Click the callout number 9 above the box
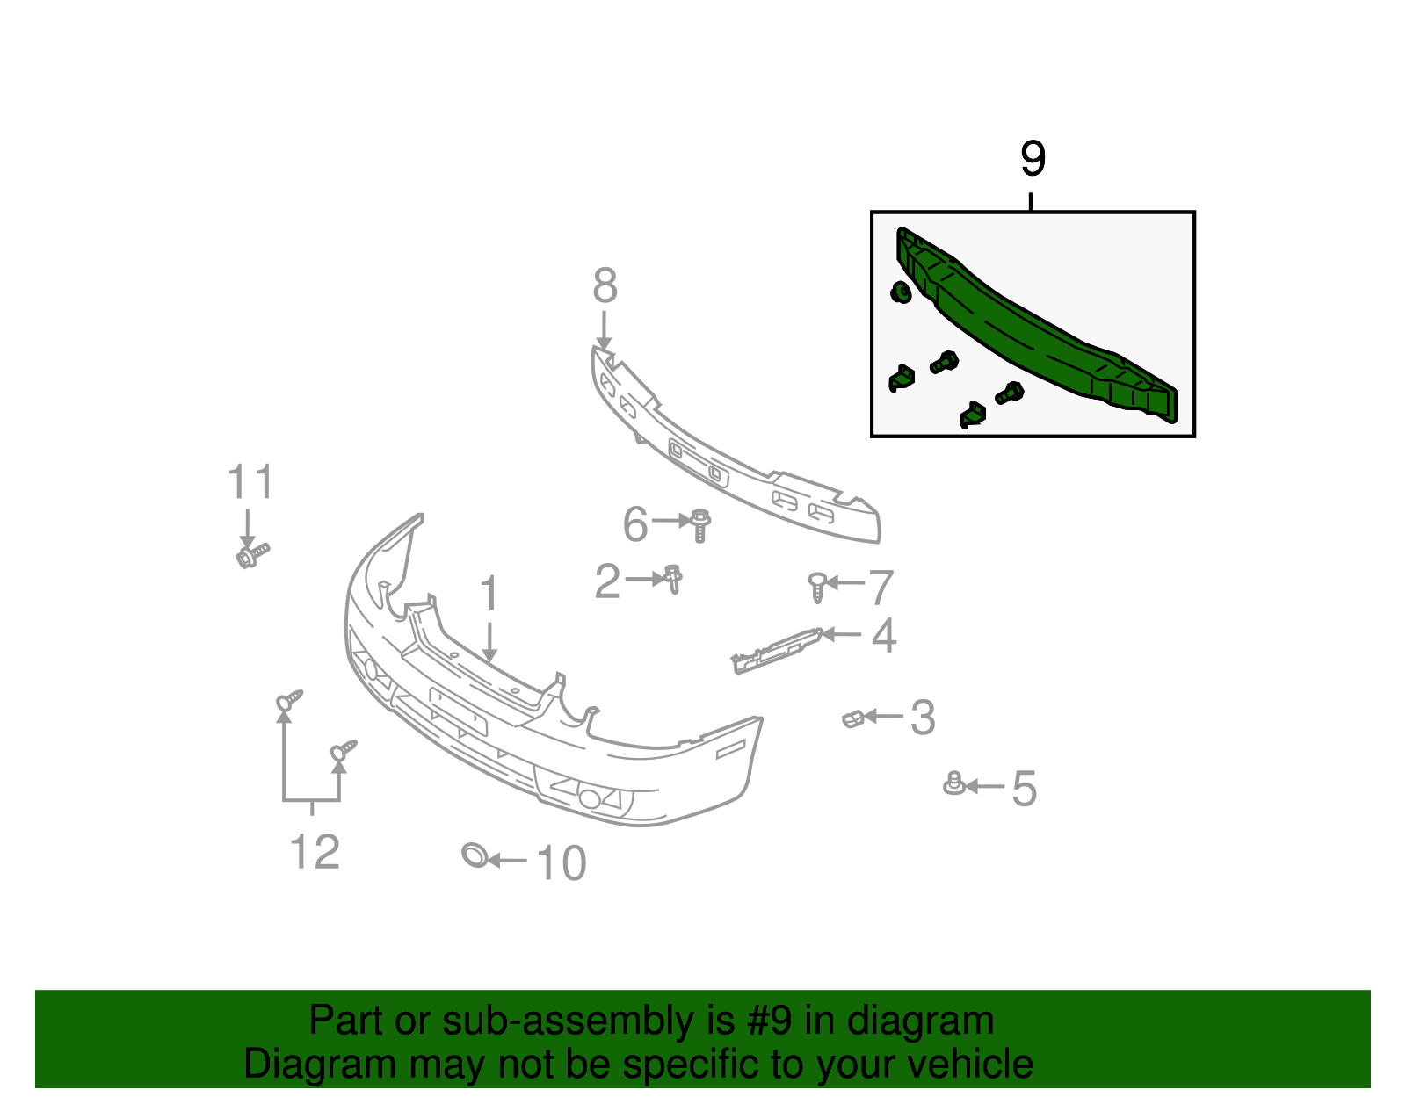pos(1033,159)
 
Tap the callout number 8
pos(605,286)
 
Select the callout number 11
pos(250,483)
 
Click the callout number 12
pos(314,852)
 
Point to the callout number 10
pos(561,863)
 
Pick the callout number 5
pos(1024,789)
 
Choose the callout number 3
pos(922,718)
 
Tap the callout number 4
pos(883,636)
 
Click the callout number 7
pos(881,587)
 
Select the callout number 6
pos(634,524)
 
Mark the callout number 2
pos(607,581)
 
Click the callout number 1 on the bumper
pos(489,594)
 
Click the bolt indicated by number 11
pos(250,554)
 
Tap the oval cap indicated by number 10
pos(475,855)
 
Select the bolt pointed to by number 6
pos(700,525)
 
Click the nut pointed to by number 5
pos(953,783)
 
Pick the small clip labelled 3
pos(852,719)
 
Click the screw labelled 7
pos(817,586)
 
